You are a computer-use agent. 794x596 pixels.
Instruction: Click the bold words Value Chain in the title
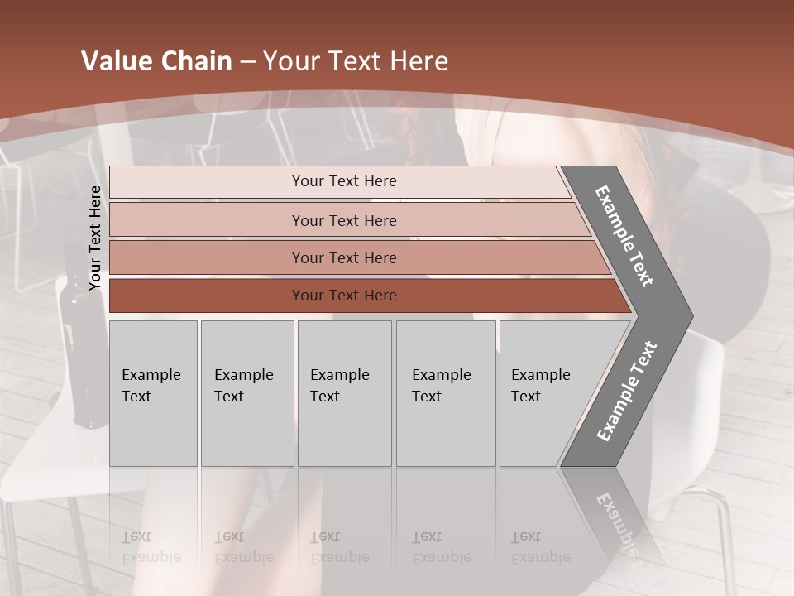(156, 61)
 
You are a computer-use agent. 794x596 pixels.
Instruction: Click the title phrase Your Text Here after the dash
(356, 61)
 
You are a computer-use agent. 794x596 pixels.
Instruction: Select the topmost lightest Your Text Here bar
(344, 181)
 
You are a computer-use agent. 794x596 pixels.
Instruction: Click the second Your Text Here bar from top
(344, 220)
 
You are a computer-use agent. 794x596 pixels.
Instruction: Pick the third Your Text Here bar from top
(344, 257)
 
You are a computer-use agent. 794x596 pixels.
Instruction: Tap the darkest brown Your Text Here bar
(344, 296)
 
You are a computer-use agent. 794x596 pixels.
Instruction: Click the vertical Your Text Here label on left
(95, 238)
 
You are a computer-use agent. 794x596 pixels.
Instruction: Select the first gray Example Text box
(153, 393)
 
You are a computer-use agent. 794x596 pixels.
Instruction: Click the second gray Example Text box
(246, 393)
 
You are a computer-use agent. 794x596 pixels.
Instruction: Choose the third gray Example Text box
(344, 393)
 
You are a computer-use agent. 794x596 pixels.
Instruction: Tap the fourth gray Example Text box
(446, 393)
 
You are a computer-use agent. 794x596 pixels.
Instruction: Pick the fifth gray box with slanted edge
(546, 393)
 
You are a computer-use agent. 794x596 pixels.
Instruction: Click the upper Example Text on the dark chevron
(624, 236)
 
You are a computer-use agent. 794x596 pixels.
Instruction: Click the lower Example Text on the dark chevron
(627, 392)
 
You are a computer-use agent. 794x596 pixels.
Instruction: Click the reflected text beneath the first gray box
(151, 547)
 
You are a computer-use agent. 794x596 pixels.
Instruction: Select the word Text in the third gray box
(325, 397)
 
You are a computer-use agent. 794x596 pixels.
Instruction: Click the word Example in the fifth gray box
(540, 375)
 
